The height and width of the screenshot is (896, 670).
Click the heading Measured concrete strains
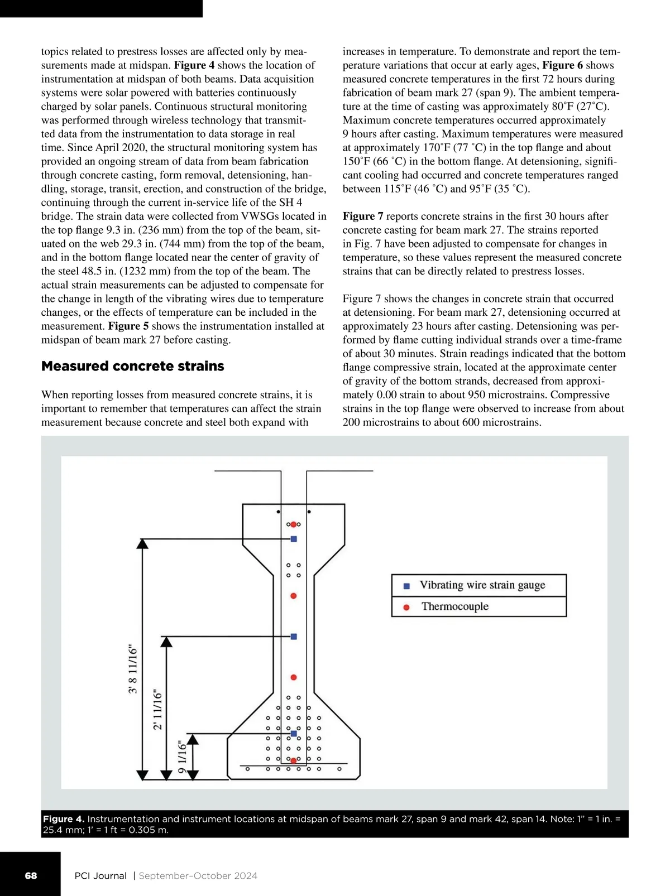pos(133,367)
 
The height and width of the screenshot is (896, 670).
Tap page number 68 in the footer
pos(31,876)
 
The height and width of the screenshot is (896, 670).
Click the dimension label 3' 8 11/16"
pos(133,669)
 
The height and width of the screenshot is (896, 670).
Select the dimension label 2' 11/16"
pos(157,710)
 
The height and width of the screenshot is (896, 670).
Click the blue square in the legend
pos(406,586)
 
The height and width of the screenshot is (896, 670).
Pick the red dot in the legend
pos(406,607)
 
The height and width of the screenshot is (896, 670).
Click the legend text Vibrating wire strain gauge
pos(482,585)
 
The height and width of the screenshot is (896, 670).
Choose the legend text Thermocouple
pos(455,606)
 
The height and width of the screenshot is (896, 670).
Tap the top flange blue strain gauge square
pos(294,539)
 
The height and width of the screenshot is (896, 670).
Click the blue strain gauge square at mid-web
pos(294,637)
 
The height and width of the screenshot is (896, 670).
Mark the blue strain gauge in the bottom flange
pos(294,733)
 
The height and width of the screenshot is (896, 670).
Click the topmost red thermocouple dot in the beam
pos(293,524)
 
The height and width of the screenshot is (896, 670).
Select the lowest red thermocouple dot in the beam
pos(293,760)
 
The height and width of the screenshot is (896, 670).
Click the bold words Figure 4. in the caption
pos(64,819)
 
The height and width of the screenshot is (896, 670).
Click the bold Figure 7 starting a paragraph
pos(363,216)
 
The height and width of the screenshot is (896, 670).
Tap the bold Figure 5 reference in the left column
pos(128,326)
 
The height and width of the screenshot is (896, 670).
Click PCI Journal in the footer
pos(100,876)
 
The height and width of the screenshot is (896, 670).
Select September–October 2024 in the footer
pos(198,876)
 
